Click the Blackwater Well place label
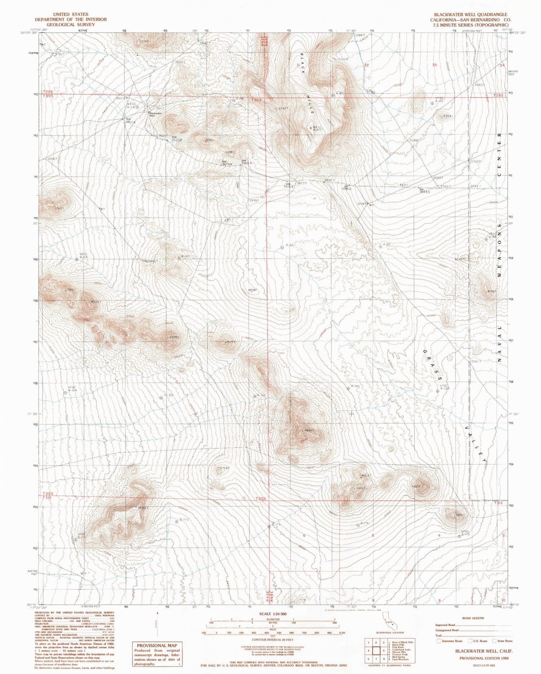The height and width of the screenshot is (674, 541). pyautogui.click(x=156, y=114)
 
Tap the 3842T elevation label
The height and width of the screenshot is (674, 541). pyautogui.click(x=142, y=508)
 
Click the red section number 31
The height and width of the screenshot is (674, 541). pyautogui.click(x=298, y=65)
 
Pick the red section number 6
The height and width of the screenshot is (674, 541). pyautogui.click(x=304, y=536)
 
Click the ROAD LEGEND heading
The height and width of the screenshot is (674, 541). pyautogui.click(x=473, y=618)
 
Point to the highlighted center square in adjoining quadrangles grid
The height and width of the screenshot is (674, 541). pyautogui.click(x=376, y=651)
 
